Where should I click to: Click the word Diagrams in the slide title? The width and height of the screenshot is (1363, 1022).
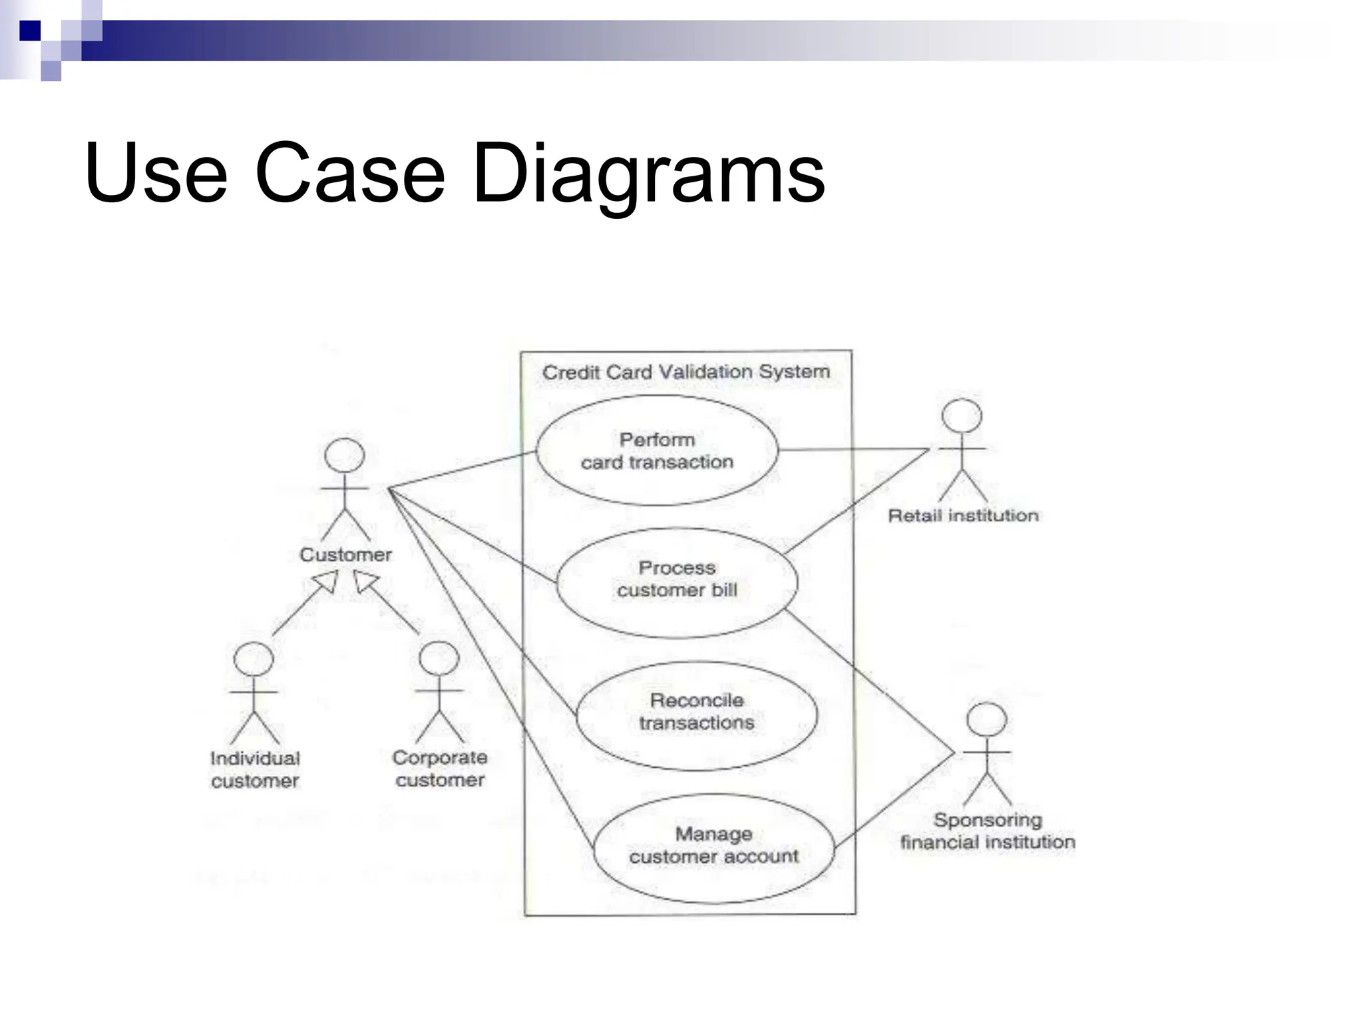(x=648, y=174)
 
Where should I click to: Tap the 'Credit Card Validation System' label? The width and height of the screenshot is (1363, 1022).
(x=685, y=372)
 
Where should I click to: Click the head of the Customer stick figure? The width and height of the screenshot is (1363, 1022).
(x=344, y=456)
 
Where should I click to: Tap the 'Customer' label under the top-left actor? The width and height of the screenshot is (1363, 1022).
(x=345, y=554)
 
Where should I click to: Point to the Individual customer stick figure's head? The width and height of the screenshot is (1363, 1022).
(x=254, y=659)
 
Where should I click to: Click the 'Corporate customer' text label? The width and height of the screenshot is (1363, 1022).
(x=440, y=768)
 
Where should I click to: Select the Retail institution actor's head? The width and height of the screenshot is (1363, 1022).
(x=962, y=417)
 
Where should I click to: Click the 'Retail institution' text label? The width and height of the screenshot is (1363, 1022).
(x=963, y=515)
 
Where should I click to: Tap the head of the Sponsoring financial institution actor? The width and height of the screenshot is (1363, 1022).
(x=986, y=720)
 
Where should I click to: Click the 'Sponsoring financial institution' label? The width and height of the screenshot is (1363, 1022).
(x=988, y=831)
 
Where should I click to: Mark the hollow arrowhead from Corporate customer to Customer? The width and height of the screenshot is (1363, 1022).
(x=365, y=582)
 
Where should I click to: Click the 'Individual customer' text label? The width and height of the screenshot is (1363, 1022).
(x=255, y=769)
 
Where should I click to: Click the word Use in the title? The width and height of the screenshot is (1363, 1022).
(x=156, y=174)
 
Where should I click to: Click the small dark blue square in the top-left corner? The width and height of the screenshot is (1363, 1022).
(x=30, y=31)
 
